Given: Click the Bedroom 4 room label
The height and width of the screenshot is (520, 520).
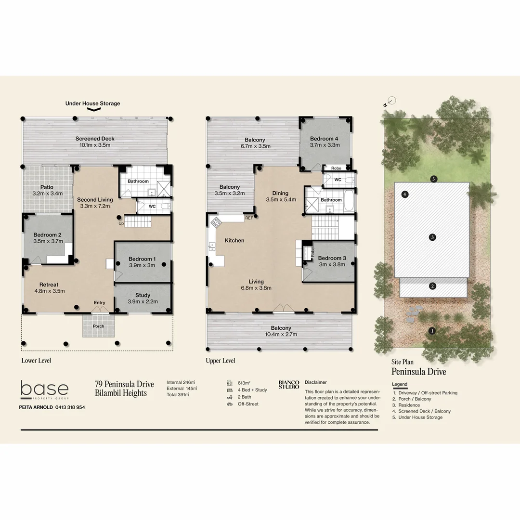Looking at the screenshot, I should click(324, 139).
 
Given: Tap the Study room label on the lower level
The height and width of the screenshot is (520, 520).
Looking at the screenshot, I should click(143, 295).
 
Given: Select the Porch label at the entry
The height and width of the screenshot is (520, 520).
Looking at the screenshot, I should click(98, 326).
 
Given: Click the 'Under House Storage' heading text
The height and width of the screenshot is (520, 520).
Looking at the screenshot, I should click(93, 104).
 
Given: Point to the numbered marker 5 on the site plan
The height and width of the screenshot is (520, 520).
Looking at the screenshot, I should click(434, 179).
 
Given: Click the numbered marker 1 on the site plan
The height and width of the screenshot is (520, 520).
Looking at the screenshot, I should click(432, 331).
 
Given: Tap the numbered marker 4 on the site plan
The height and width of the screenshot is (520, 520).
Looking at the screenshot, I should click(405, 195).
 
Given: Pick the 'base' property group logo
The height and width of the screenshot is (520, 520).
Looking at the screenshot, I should click(44, 390).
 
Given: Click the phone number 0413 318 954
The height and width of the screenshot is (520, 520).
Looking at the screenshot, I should click(66, 407).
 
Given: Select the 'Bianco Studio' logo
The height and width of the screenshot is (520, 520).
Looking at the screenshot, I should click(289, 384).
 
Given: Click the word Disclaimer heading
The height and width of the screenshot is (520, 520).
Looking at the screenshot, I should click(315, 382).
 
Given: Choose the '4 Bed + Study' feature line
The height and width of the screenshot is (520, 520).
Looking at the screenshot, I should click(252, 390).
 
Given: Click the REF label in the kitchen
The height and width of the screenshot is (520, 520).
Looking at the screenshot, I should click(249, 218).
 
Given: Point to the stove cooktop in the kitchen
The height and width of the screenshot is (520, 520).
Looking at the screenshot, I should click(216, 222).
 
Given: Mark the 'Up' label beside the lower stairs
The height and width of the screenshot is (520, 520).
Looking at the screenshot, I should click(121, 223).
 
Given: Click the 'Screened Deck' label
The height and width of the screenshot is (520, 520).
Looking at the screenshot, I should click(95, 139).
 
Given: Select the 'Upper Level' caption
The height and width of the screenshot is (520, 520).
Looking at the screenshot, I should click(220, 361).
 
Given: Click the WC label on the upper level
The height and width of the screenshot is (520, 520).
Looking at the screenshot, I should click(338, 180).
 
